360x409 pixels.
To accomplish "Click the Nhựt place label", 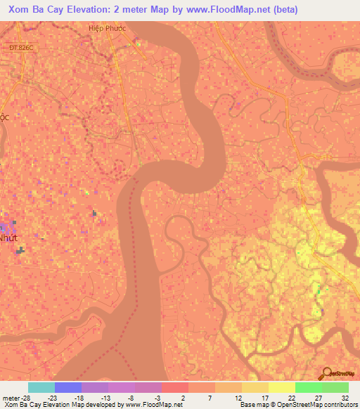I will tap(7, 238).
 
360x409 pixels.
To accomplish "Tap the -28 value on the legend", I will tap(28, 397).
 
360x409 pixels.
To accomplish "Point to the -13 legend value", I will tap(103, 397).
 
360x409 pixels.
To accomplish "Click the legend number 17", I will tap(264, 397).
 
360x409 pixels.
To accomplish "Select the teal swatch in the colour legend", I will tap(41, 387).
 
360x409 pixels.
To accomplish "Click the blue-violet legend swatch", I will tap(68, 387).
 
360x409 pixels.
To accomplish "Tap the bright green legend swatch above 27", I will tap(308, 387).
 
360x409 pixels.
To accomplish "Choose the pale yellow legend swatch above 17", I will tap(255, 387).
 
